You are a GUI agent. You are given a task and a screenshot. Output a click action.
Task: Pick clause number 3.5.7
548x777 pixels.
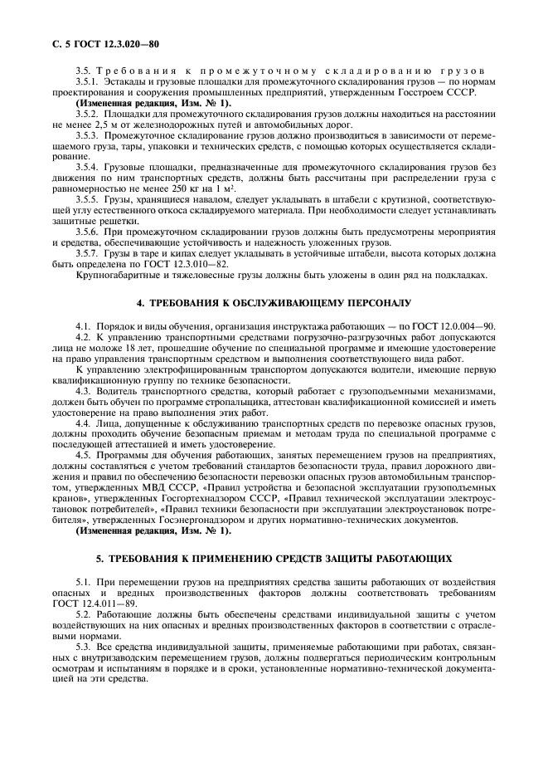point(87,252)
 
